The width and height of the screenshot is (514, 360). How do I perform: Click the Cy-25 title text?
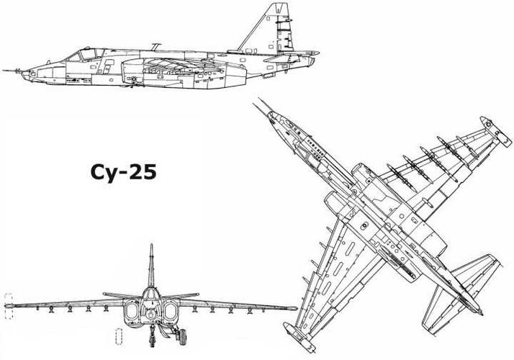123,173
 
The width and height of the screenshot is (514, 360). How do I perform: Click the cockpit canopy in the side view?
84,55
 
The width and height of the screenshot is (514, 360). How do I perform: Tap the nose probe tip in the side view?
4,70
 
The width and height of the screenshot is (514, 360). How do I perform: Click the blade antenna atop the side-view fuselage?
155,47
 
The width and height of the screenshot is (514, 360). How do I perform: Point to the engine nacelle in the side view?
184,73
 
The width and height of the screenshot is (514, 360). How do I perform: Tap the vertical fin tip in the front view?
151,245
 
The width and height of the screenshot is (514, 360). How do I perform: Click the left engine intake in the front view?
132,311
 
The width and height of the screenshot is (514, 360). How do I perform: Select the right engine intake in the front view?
171,311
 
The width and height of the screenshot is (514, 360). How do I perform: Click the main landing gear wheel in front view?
183,338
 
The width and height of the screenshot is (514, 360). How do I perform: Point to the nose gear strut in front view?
152,335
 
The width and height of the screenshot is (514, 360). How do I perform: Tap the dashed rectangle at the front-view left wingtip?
9,306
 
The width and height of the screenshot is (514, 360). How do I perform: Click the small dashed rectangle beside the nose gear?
120,336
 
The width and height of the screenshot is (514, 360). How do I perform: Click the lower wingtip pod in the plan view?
299,338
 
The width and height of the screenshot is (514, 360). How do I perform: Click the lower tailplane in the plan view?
440,310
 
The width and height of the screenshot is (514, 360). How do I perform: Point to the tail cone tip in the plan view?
482,314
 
